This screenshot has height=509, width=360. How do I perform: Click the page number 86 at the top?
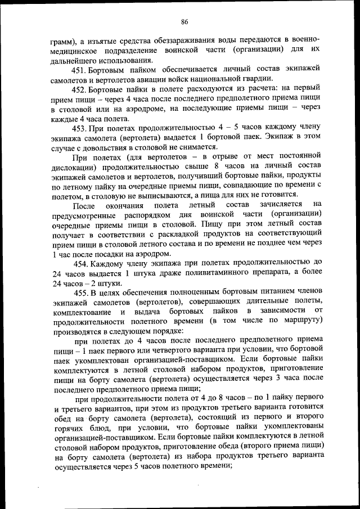pos(184,22)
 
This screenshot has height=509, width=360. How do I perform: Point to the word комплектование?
pos(82,312)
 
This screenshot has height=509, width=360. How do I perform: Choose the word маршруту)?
pos(301,322)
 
